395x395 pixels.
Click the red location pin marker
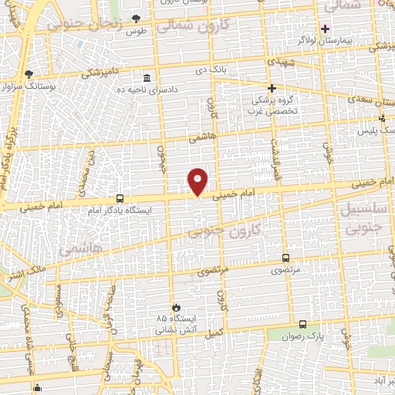point(198,182)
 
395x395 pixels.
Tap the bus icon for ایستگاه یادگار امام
point(120,198)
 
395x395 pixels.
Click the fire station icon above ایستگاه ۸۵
point(176,307)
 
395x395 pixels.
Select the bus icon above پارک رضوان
point(302,325)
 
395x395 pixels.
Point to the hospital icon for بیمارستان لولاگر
point(325,28)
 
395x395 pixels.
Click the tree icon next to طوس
point(137,19)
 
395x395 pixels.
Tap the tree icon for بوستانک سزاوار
point(29,75)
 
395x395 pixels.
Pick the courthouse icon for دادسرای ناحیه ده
point(147,78)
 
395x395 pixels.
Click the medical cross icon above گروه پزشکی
point(272,88)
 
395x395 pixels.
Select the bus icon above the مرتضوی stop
point(286,258)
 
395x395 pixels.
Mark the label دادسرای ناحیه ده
point(147,90)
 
